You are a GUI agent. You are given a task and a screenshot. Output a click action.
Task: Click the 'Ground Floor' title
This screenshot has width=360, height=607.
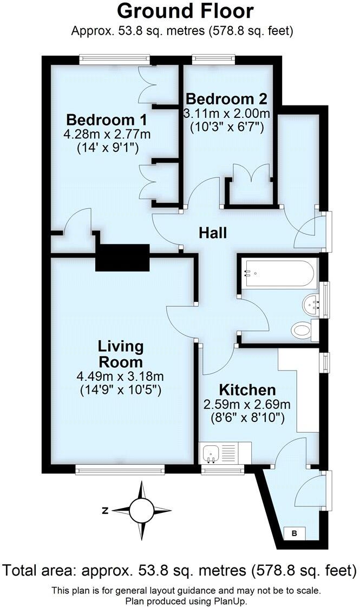tap(185, 11)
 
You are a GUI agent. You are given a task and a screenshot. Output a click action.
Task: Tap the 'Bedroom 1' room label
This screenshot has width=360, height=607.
tap(107, 119)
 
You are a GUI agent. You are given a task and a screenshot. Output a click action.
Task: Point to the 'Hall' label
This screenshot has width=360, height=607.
tap(213, 233)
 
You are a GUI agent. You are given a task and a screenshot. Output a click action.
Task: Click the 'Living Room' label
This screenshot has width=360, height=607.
tap(121, 354)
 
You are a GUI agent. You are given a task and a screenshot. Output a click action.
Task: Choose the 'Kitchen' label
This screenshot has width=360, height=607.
tap(247, 390)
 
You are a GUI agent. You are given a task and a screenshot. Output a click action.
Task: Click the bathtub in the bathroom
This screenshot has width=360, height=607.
tap(276, 269)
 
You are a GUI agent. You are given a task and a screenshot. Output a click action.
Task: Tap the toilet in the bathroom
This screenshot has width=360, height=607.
tap(302, 329)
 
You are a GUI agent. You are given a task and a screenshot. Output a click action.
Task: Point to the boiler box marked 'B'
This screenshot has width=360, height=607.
tap(295, 533)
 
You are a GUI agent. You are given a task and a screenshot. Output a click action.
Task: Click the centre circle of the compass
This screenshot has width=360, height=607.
tap(142, 510)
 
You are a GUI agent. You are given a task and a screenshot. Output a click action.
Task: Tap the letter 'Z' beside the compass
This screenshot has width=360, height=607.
tap(106, 510)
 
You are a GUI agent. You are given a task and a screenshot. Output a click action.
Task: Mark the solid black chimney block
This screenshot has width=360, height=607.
tap(122, 257)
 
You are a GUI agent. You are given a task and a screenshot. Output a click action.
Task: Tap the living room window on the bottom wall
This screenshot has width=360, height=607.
tap(120, 470)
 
